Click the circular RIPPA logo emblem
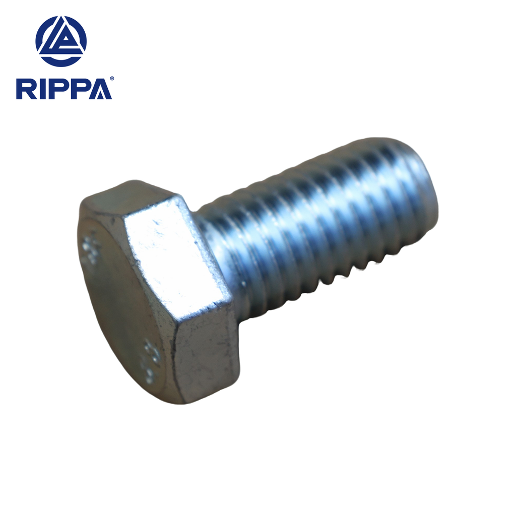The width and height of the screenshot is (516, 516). (x=61, y=41)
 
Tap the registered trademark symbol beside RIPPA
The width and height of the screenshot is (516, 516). (x=111, y=79)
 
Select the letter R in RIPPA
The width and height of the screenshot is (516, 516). (x=26, y=89)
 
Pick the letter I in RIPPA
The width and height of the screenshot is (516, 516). (x=41, y=89)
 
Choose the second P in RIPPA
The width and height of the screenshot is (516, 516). (x=79, y=89)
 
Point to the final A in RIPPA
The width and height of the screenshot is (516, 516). (x=101, y=89)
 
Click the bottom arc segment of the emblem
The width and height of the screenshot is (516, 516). (x=61, y=61)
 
